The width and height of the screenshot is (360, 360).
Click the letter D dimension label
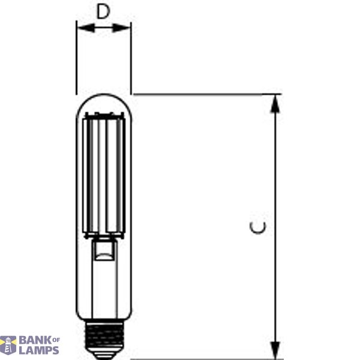click(104, 12)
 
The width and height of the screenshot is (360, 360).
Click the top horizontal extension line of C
click(204, 94)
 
